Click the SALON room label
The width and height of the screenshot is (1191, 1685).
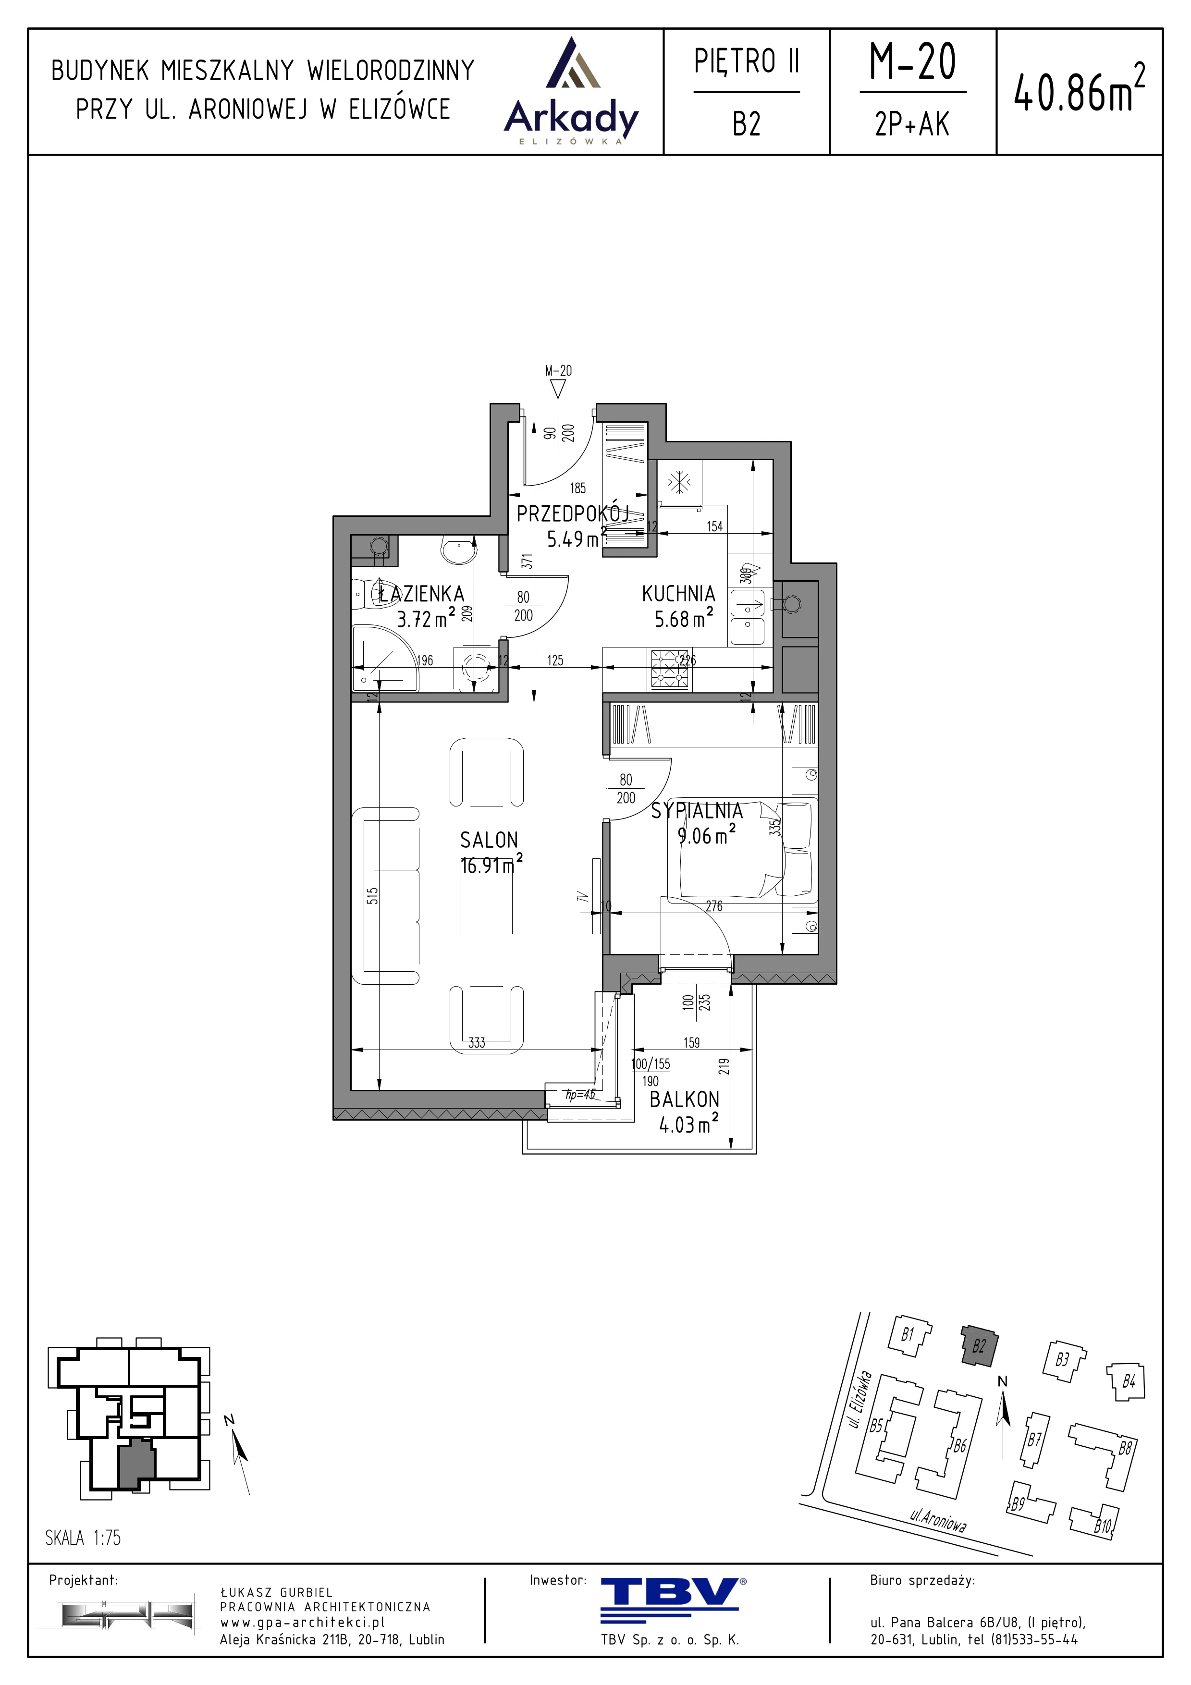point(489,840)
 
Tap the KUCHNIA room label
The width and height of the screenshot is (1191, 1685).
point(678,593)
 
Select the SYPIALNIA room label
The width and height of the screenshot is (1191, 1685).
point(697,810)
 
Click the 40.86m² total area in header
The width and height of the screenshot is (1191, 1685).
point(1079,91)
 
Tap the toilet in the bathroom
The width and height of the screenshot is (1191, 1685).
point(370,593)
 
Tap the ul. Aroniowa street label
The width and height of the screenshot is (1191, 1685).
point(938,1520)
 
